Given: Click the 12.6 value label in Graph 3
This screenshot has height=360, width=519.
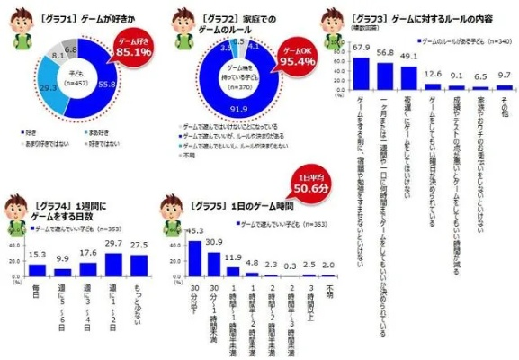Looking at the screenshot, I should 433,74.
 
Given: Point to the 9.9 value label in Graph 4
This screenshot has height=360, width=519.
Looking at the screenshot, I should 63,259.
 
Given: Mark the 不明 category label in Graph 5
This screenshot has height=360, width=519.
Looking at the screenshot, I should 333,292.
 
